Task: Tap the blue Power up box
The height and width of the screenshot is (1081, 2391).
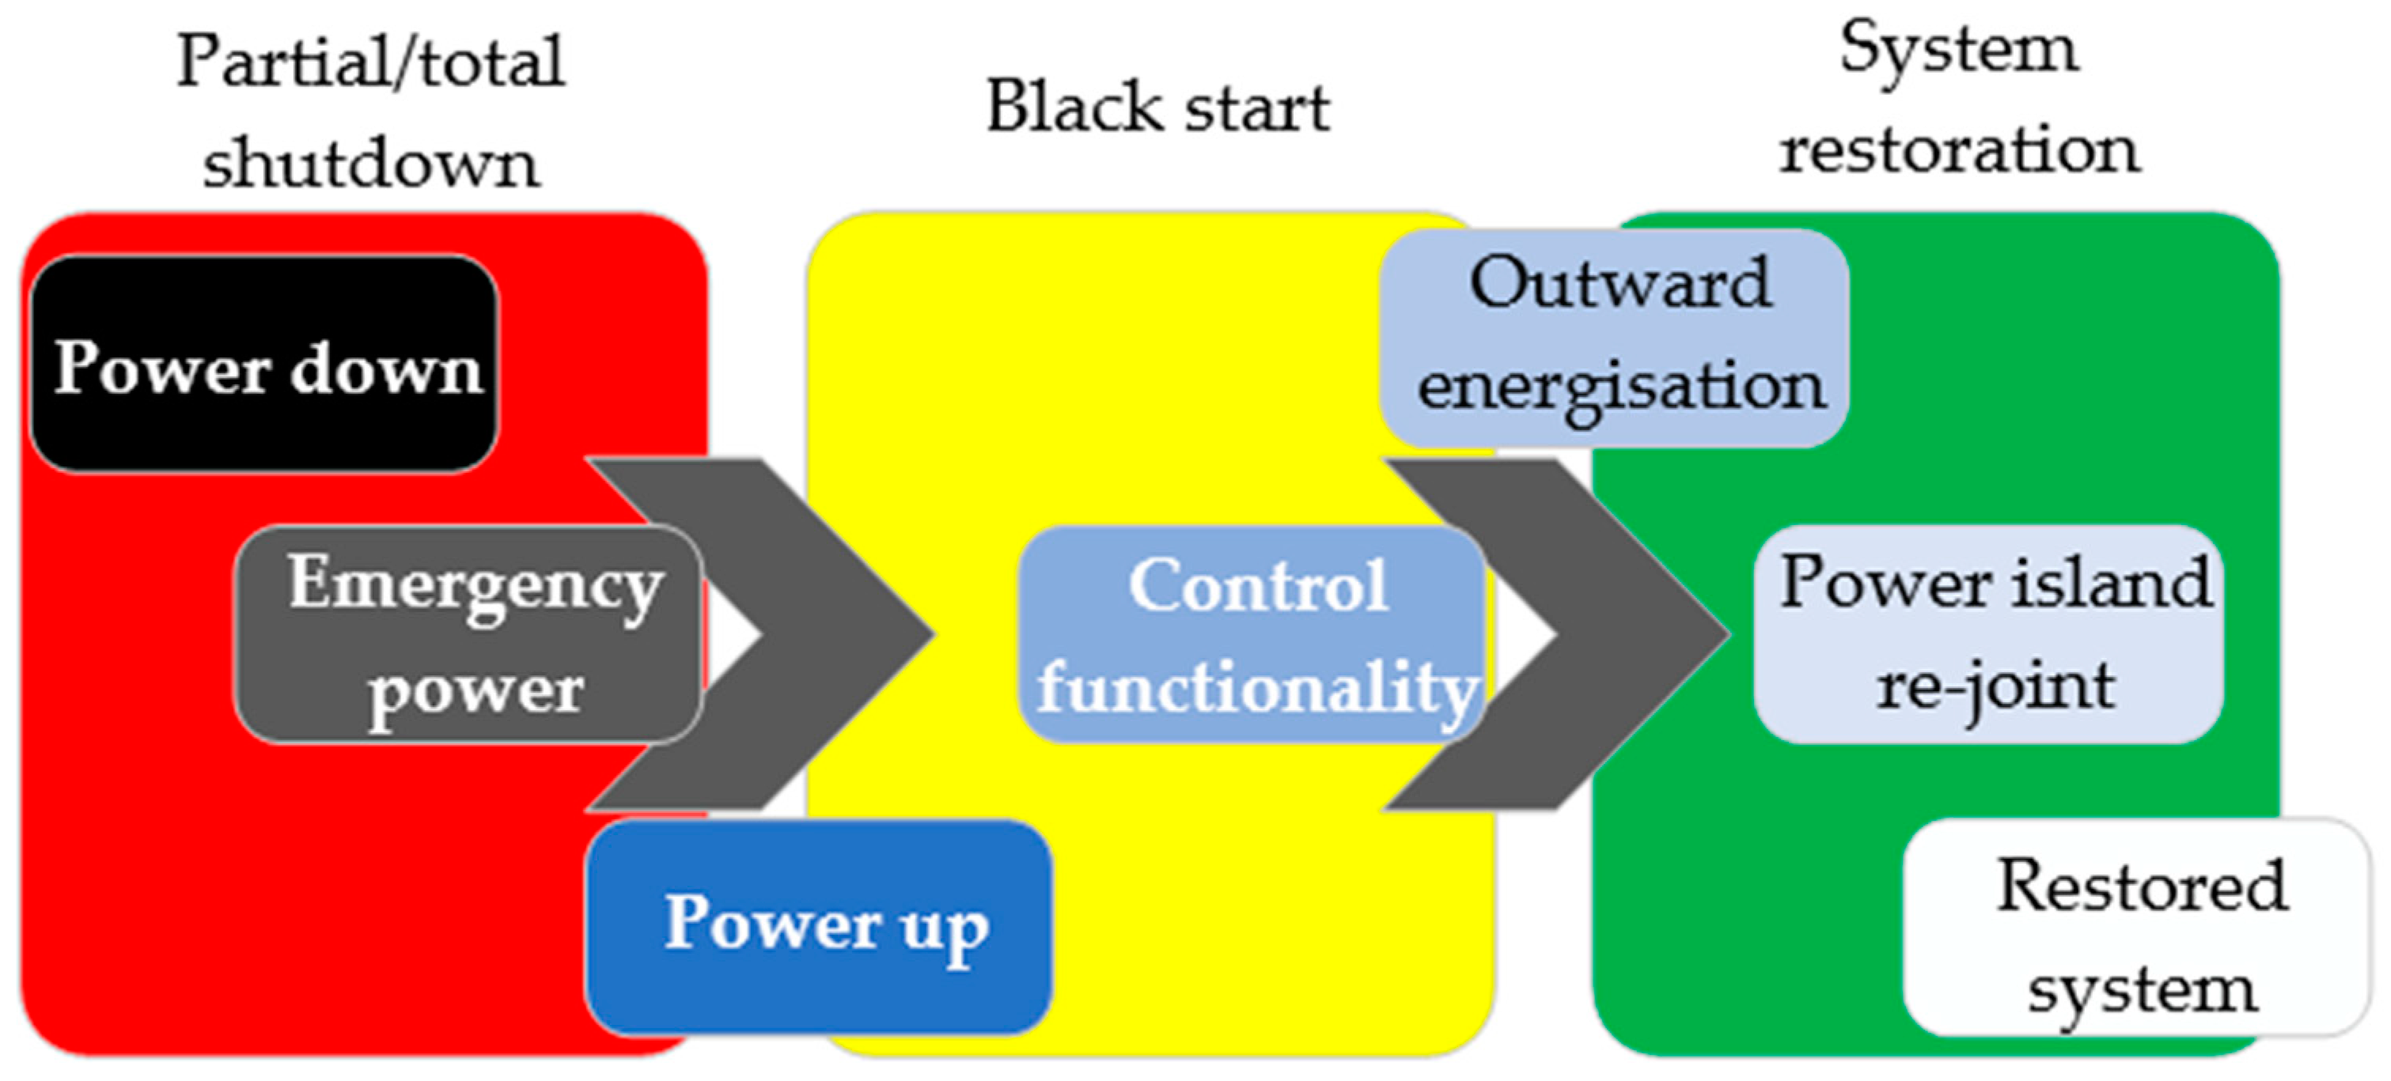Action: (820, 928)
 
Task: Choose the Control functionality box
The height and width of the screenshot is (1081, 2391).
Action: (1253, 636)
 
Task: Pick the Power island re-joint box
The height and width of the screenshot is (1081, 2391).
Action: (1991, 636)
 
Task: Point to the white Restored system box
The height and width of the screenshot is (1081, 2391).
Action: (2135, 928)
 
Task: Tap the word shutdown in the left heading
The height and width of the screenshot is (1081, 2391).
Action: (370, 164)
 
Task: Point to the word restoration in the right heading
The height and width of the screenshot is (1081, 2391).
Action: (1958, 150)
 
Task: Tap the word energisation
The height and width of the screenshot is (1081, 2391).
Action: (1620, 387)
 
